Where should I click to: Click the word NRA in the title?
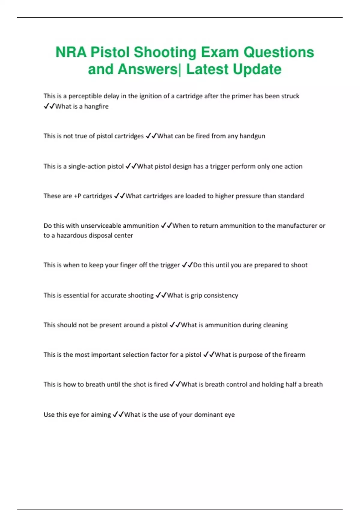tap(71, 52)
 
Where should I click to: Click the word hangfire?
tap(96, 106)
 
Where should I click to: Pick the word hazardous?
tap(72, 235)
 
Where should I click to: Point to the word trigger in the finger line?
tap(170, 265)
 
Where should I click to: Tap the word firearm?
tap(294, 355)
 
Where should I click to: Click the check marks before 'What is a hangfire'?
tap(49, 106)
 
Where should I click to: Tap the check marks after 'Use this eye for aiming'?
tap(118, 415)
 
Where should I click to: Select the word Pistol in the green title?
tap(110, 52)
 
